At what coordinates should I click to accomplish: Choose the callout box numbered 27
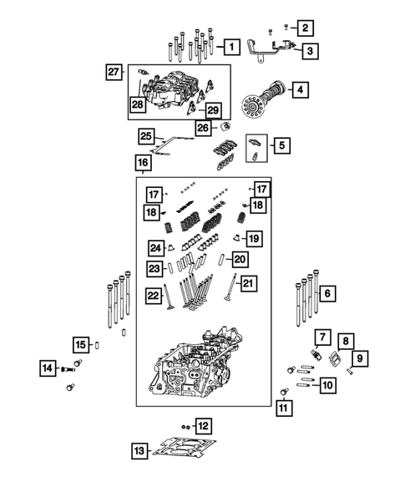pyautogui.click(x=115, y=73)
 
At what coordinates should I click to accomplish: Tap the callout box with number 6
pyautogui.click(x=327, y=293)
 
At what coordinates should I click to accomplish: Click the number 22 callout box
pyautogui.click(x=153, y=295)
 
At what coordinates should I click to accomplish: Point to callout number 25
pyautogui.click(x=146, y=136)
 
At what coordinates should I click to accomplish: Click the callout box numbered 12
pyautogui.click(x=203, y=426)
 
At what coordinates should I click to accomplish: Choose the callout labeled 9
pyautogui.click(x=361, y=359)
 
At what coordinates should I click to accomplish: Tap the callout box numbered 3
pyautogui.click(x=309, y=52)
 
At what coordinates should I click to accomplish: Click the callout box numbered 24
pyautogui.click(x=155, y=247)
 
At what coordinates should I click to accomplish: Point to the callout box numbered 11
pyautogui.click(x=284, y=408)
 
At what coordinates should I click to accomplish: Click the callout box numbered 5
pyautogui.click(x=281, y=145)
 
